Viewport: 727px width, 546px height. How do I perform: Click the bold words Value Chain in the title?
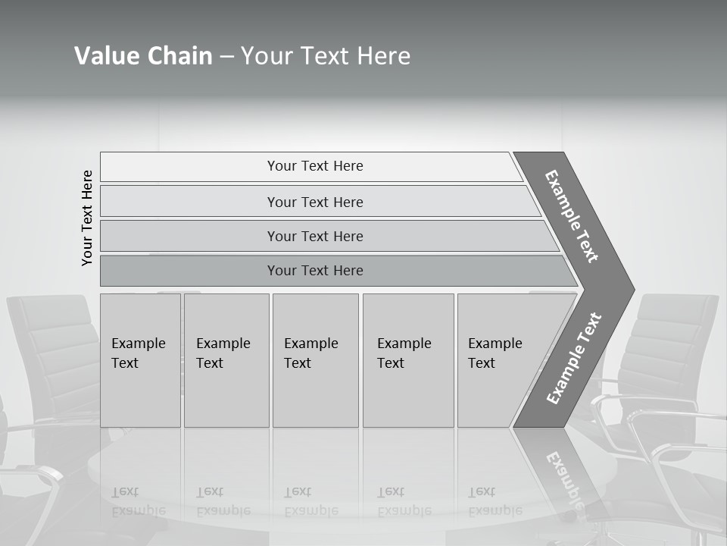pyautogui.click(x=143, y=56)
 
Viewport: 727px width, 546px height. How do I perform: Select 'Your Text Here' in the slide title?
pyautogui.click(x=326, y=56)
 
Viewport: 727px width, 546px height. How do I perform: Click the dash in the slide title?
pyautogui.click(x=226, y=57)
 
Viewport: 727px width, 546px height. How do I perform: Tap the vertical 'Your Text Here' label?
pyautogui.click(x=87, y=218)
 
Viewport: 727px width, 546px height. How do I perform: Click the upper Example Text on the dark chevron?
pyautogui.click(x=572, y=216)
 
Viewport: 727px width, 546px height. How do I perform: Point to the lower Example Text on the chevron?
pyautogui.click(x=574, y=358)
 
